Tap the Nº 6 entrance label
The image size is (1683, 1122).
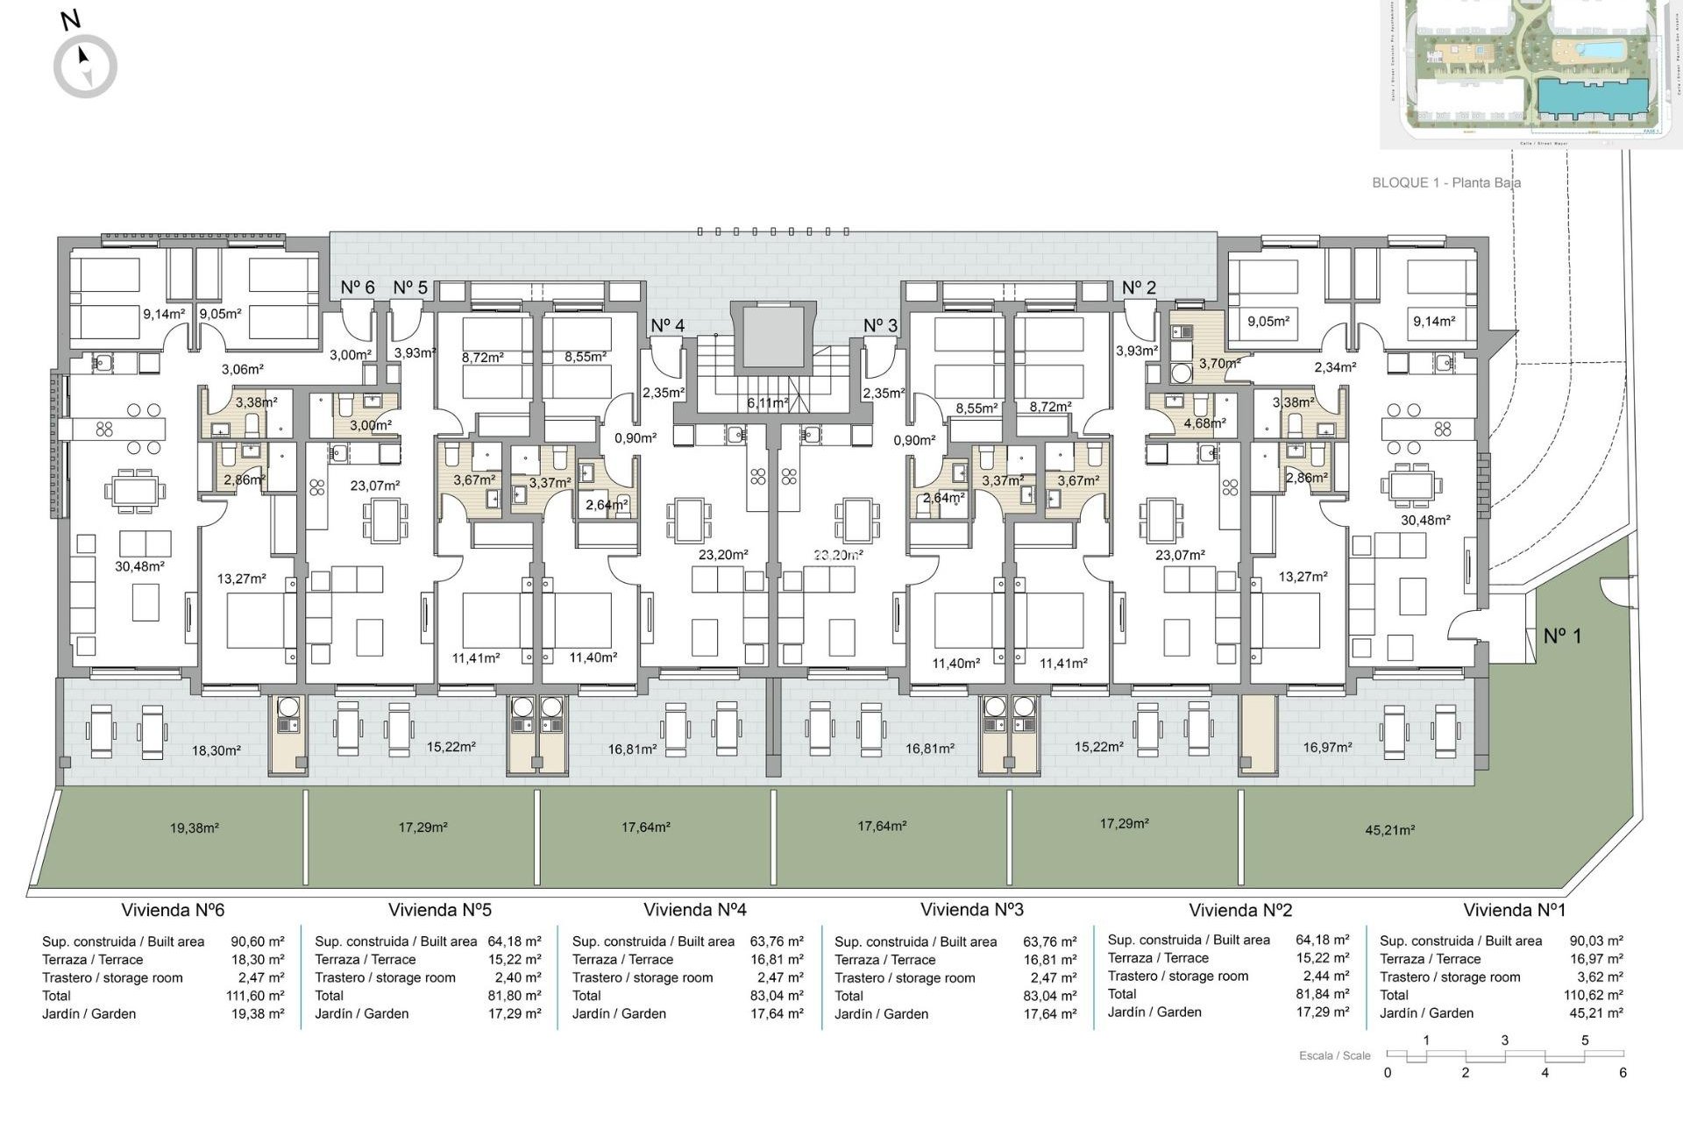pyautogui.click(x=358, y=288)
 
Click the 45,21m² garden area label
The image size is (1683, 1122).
pyautogui.click(x=1389, y=829)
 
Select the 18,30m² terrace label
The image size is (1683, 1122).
pyautogui.click(x=217, y=750)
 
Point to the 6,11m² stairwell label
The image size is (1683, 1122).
pyautogui.click(x=767, y=403)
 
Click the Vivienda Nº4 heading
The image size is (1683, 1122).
pyautogui.click(x=694, y=910)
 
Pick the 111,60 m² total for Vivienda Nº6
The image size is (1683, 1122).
pyautogui.click(x=255, y=996)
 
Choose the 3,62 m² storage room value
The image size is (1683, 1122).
pyautogui.click(x=1596, y=976)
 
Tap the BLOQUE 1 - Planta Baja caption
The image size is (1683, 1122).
pyautogui.click(x=1445, y=182)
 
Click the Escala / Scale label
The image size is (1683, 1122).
pyautogui.click(x=1334, y=1055)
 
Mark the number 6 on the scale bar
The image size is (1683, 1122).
pyautogui.click(x=1623, y=1072)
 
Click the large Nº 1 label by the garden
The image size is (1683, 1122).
pyautogui.click(x=1562, y=636)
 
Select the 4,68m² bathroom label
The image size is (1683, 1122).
pyautogui.click(x=1204, y=423)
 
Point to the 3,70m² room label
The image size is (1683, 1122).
pyautogui.click(x=1219, y=363)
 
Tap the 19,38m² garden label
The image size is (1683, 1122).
pyautogui.click(x=194, y=827)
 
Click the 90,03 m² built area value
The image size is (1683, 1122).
pyautogui.click(x=1596, y=941)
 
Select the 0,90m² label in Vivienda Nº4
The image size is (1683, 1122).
pyautogui.click(x=636, y=438)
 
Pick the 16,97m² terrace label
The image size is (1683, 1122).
pyautogui.click(x=1327, y=747)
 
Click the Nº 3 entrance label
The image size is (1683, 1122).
pyautogui.click(x=880, y=325)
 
